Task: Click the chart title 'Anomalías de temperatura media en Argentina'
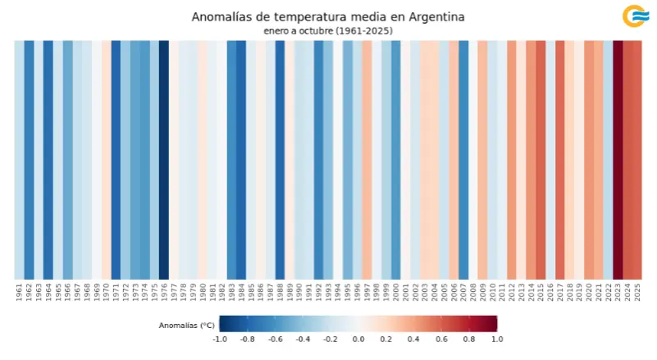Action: pyautogui.click(x=327, y=16)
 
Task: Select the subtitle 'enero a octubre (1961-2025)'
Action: pyautogui.click(x=327, y=30)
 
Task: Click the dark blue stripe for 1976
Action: pyautogui.click(x=163, y=160)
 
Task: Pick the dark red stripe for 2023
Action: pyautogui.click(x=618, y=160)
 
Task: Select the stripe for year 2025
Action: pyautogui.click(x=637, y=160)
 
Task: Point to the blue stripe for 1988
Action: pyautogui.click(x=280, y=160)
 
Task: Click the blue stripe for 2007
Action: pyautogui.click(x=463, y=160)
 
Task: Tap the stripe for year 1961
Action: pyautogui.click(x=19, y=160)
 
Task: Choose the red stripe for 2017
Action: pyautogui.click(x=560, y=160)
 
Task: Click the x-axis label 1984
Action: pyautogui.click(x=241, y=293)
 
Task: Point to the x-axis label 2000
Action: pyautogui.click(x=395, y=293)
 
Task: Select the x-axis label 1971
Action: pyautogui.click(x=116, y=293)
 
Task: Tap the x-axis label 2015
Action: pyautogui.click(x=541, y=293)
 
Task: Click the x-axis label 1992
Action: pyautogui.click(x=318, y=293)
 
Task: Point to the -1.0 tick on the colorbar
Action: pyautogui.click(x=220, y=339)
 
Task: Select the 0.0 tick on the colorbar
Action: pyautogui.click(x=358, y=339)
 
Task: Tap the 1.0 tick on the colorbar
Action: pyautogui.click(x=497, y=339)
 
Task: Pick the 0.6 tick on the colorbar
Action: pyautogui.click(x=441, y=339)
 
